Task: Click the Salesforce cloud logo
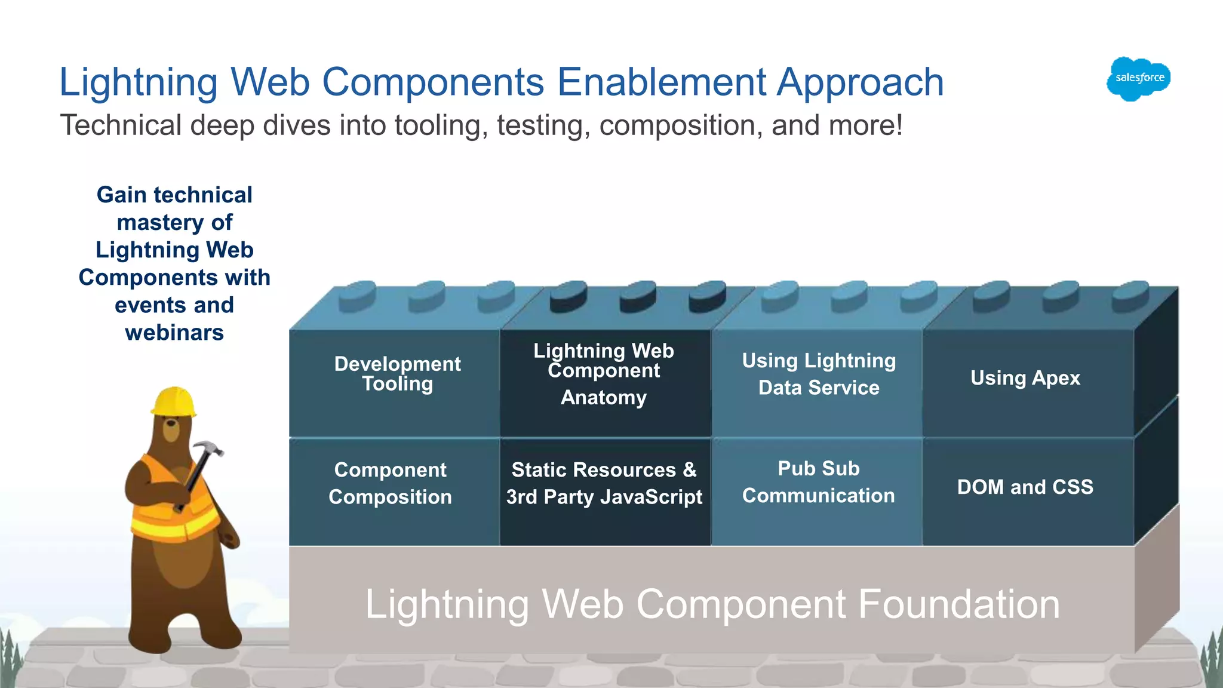1139,78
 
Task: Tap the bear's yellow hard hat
173,402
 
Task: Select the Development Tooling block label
397,374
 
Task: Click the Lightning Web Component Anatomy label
604,374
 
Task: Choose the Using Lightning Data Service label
819,374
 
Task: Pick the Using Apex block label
1025,378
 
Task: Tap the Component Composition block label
390,483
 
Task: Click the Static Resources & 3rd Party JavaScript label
604,483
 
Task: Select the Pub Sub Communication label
819,482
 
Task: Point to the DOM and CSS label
1025,487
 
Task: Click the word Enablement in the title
662,82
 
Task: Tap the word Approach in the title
861,82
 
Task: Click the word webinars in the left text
174,333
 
